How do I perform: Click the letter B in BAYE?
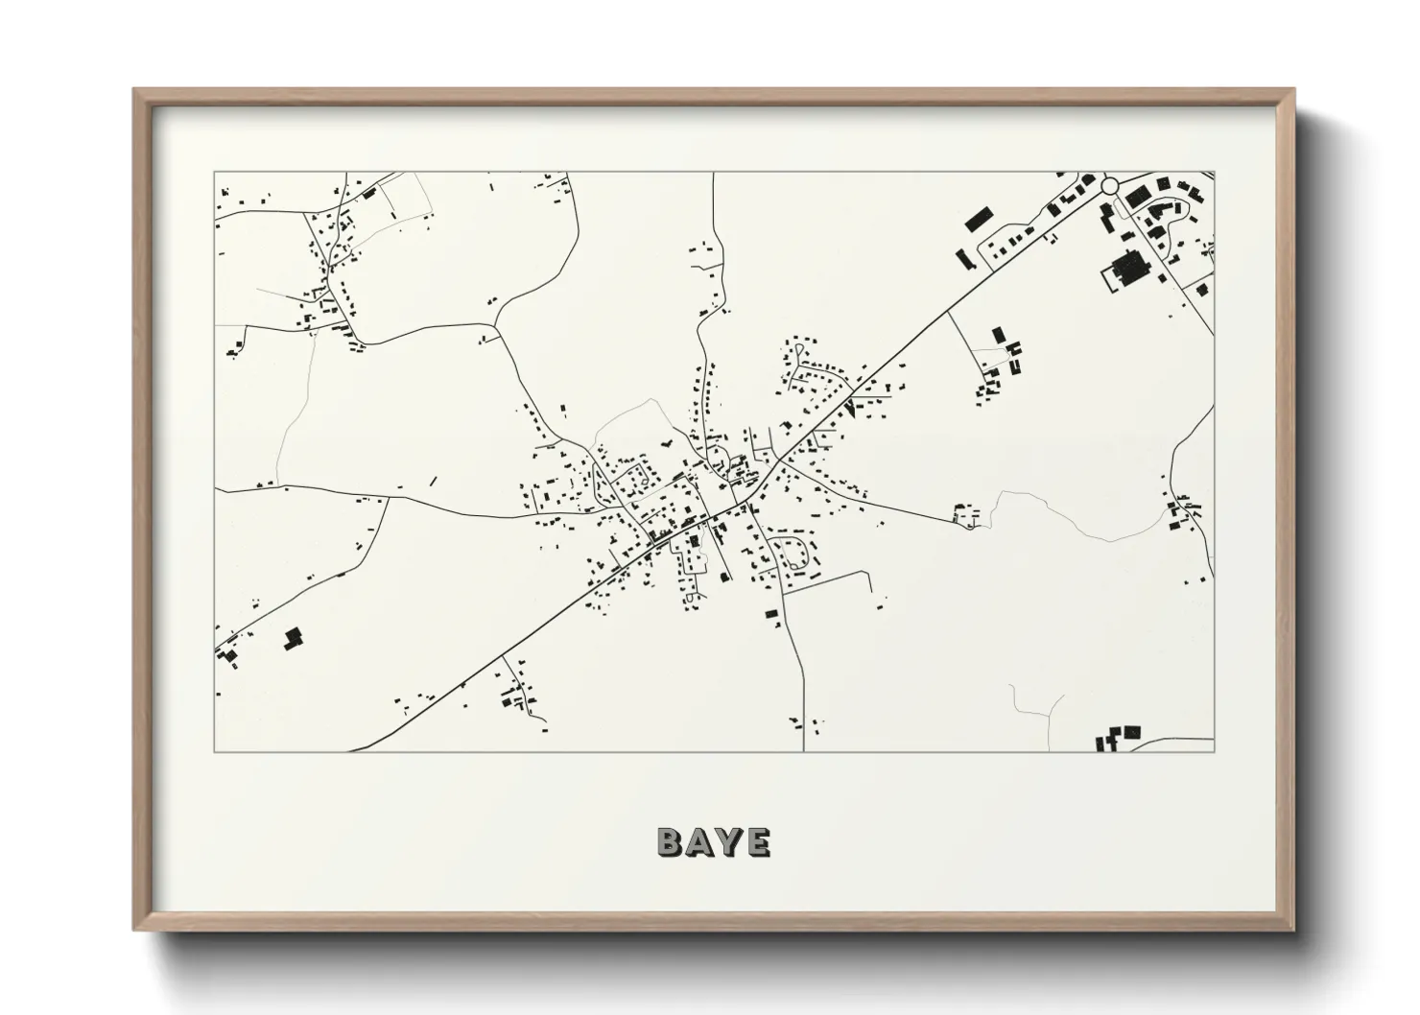pos(670,841)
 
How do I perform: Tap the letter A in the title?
pos(699,841)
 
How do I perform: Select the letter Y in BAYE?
pos(728,841)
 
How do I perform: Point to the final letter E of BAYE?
pos(757,841)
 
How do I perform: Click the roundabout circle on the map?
pos(1110,185)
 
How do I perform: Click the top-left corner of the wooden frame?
pos(134,89)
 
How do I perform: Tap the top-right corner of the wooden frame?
pos(1293,89)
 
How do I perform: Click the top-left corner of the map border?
pos(215,173)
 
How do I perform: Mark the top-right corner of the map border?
pos(1214,173)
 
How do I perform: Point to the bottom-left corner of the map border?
pos(215,751)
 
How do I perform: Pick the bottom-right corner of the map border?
pos(1214,751)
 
